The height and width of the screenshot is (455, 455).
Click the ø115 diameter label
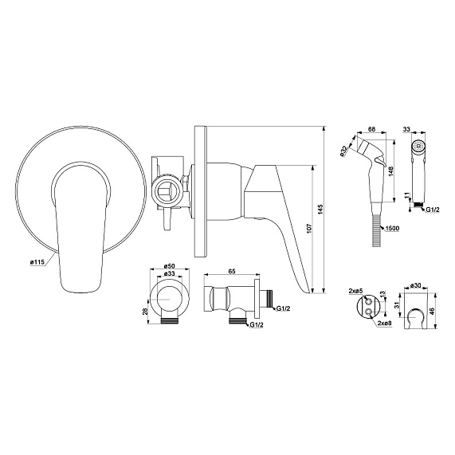pyautogui.click(x=37, y=262)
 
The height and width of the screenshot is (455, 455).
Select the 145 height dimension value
pyautogui.click(x=320, y=210)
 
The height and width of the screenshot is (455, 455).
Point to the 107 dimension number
pyautogui.click(x=308, y=229)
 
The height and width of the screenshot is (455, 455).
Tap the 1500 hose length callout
pyautogui.click(x=392, y=229)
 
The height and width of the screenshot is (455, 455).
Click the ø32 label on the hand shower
pyautogui.click(x=343, y=151)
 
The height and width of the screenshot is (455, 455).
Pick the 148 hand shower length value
pyautogui.click(x=390, y=171)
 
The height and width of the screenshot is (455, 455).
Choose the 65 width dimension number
pyautogui.click(x=232, y=271)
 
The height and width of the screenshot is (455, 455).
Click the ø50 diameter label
pyautogui.click(x=169, y=266)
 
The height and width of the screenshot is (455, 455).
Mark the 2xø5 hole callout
pyautogui.click(x=355, y=291)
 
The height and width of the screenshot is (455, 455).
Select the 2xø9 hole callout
pyautogui.click(x=385, y=324)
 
